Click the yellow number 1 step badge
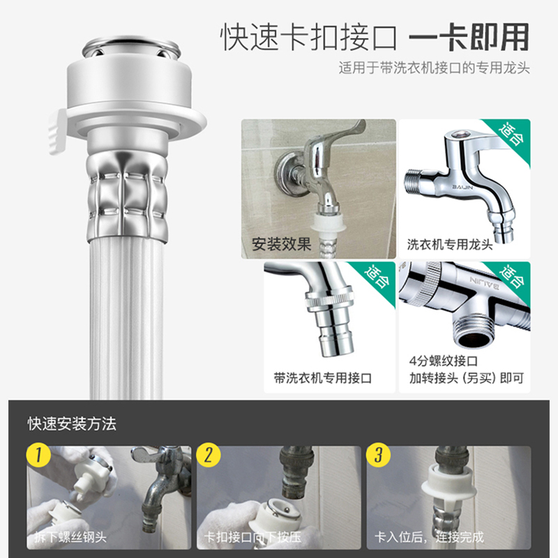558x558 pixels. tap(38, 455)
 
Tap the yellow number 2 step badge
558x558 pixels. tap(208, 455)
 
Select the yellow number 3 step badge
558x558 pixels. tap(378, 455)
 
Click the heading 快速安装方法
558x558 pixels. tap(72, 423)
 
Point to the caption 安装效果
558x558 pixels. tap(282, 244)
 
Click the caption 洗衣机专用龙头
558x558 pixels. tap(450, 245)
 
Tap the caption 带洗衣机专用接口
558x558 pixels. tap(323, 378)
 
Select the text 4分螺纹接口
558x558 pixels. tap(443, 361)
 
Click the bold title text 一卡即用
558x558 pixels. tap(469, 37)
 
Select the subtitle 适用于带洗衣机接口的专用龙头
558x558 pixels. tap(434, 68)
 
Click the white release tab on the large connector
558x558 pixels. tap(58, 132)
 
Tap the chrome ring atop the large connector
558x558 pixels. tap(132, 46)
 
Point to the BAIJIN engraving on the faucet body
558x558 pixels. tap(462, 186)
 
